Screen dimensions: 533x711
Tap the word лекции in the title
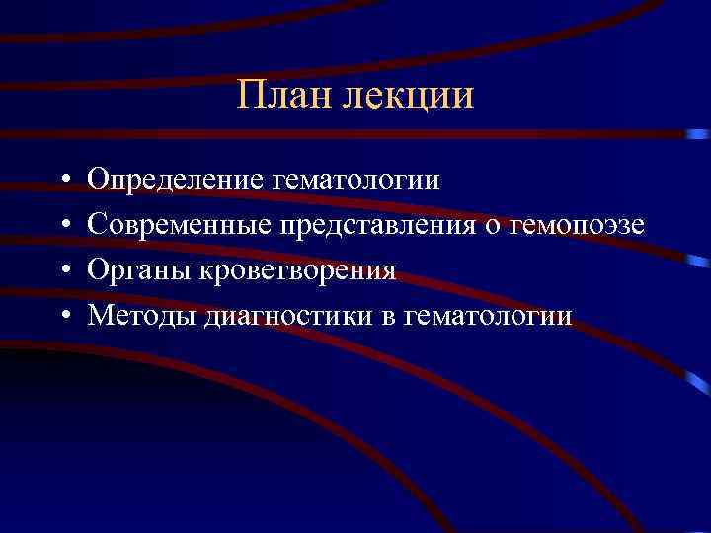pos(414,97)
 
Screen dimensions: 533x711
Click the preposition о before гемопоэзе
pos(493,226)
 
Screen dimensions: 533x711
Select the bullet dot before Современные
pos(62,226)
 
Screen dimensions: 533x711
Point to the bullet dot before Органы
pos(62,271)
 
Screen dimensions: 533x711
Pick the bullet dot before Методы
pos(62,316)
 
